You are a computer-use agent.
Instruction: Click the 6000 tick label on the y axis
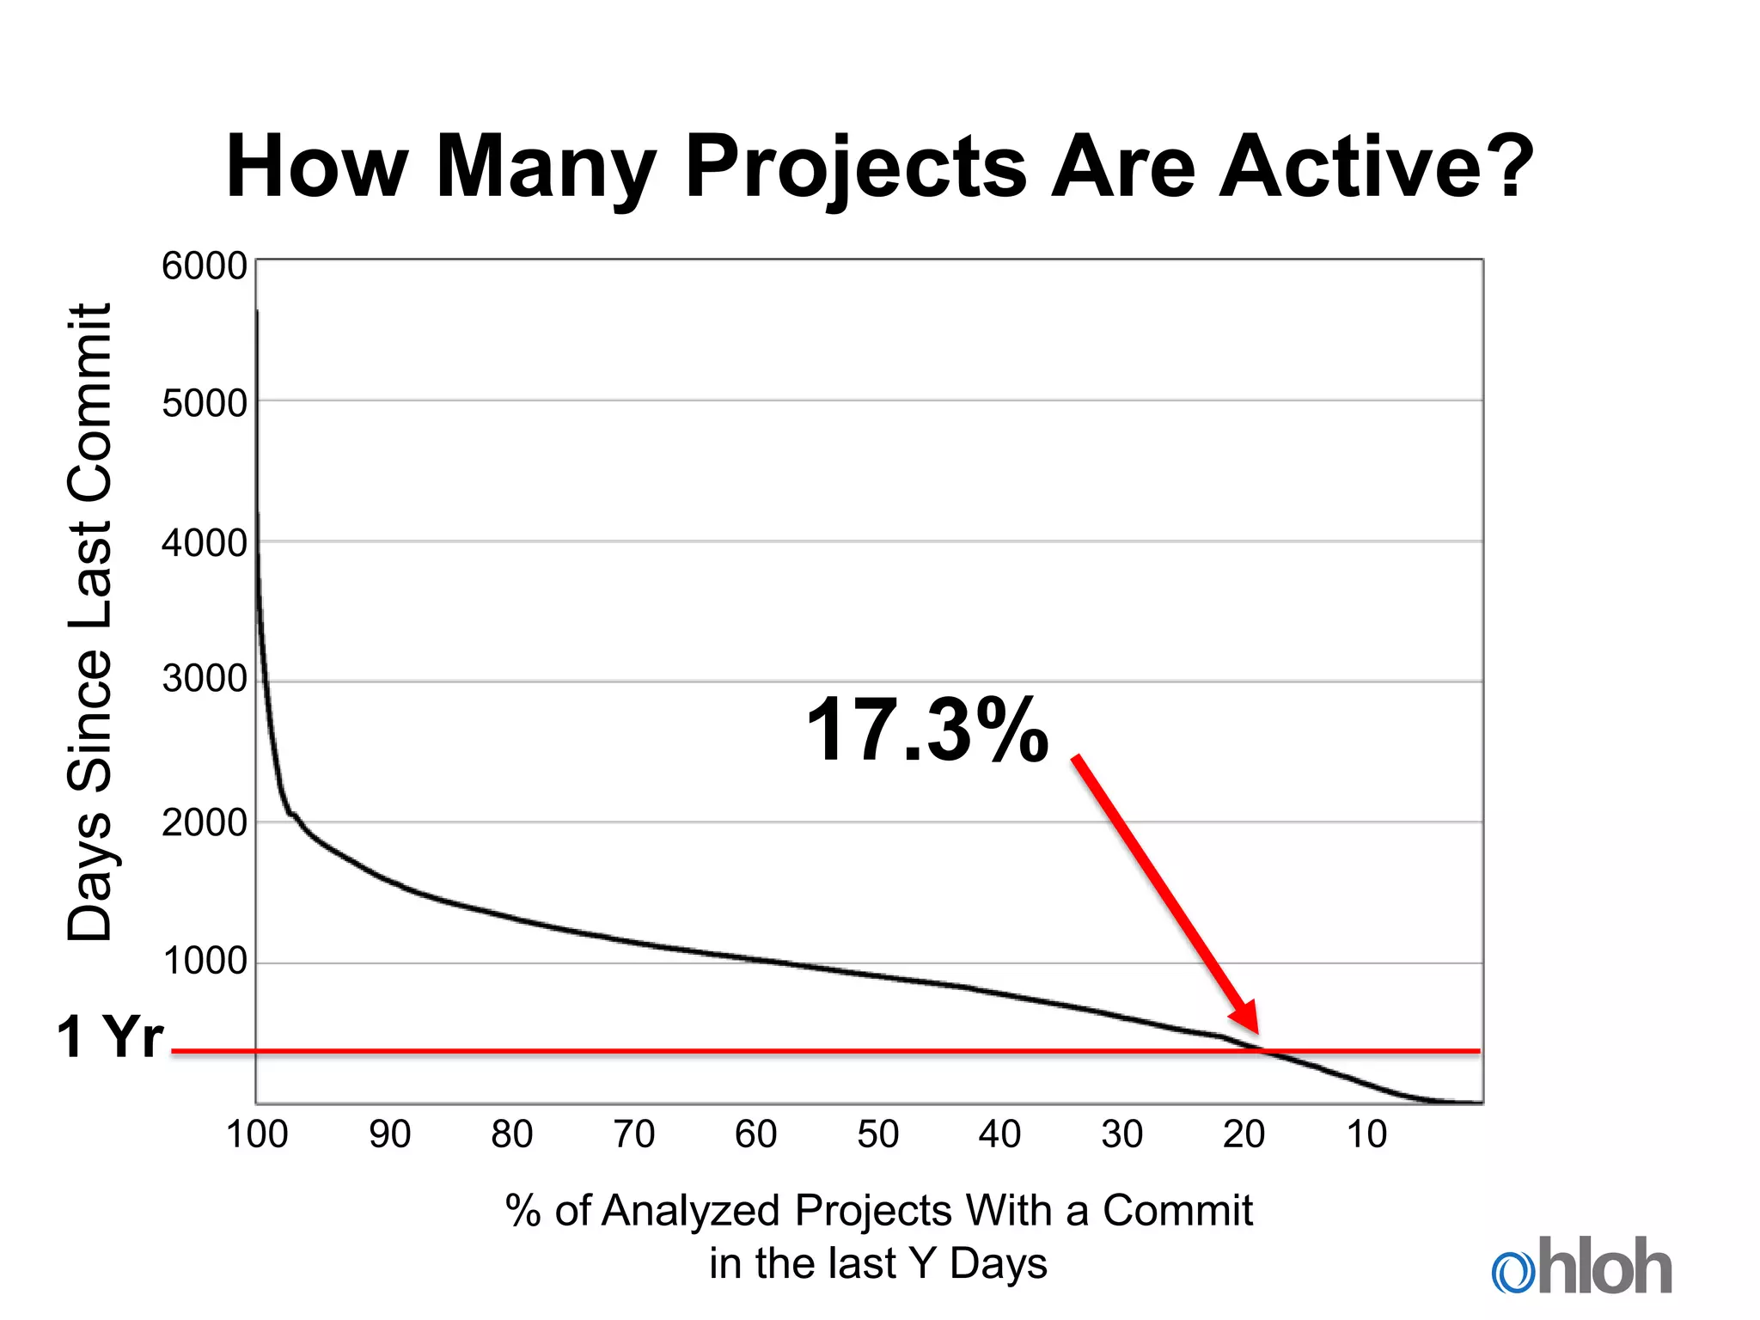pyautogui.click(x=205, y=266)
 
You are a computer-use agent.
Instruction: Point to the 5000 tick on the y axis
pyautogui.click(x=205, y=403)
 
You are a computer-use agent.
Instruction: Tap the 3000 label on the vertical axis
pyautogui.click(x=205, y=680)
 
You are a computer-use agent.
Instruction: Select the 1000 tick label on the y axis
pyautogui.click(x=205, y=961)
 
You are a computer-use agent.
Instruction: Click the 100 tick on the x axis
pyautogui.click(x=256, y=1134)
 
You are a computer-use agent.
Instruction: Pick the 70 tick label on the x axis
pyautogui.click(x=634, y=1134)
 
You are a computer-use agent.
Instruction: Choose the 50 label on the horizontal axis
pyautogui.click(x=878, y=1134)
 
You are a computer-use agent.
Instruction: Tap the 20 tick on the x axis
pyautogui.click(x=1244, y=1134)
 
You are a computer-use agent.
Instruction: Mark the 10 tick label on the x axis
pyautogui.click(x=1366, y=1134)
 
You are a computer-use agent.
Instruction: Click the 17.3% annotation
pyautogui.click(x=928, y=730)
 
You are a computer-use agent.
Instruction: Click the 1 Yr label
pyautogui.click(x=110, y=1036)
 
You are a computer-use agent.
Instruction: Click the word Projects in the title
pyautogui.click(x=856, y=168)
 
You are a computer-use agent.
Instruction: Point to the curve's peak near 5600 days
pyautogui.click(x=257, y=315)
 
